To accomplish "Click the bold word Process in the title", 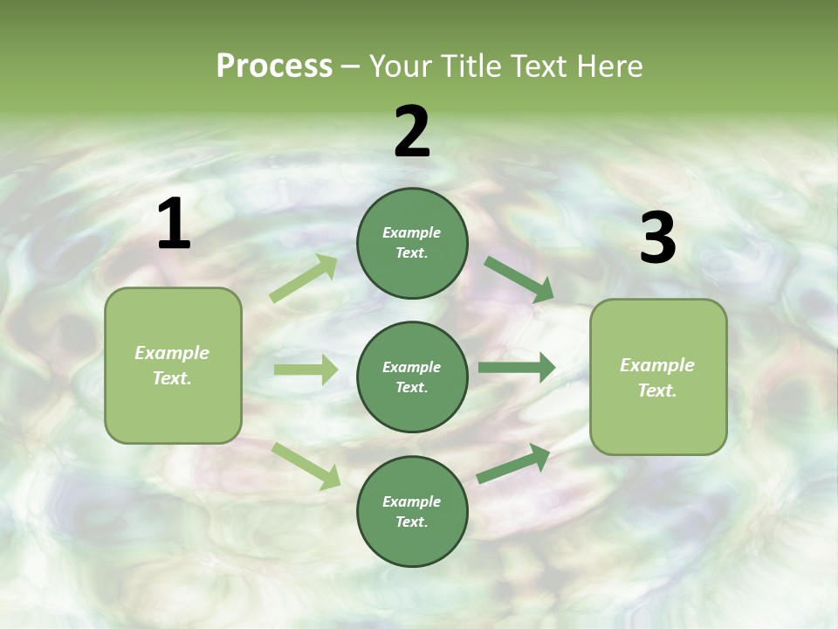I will click(274, 66).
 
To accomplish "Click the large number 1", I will click(174, 225).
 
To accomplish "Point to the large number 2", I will click(412, 132).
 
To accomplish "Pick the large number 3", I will click(657, 238).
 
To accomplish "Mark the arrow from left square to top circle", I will click(304, 279).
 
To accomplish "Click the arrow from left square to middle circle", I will click(306, 370).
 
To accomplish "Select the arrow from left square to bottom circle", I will click(306, 465).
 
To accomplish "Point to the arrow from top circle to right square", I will click(519, 279).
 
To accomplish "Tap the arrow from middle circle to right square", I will click(516, 367).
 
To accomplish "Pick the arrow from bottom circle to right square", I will click(513, 464).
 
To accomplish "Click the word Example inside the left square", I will click(172, 353).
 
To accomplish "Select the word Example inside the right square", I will click(657, 365).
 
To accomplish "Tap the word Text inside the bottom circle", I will click(410, 522).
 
